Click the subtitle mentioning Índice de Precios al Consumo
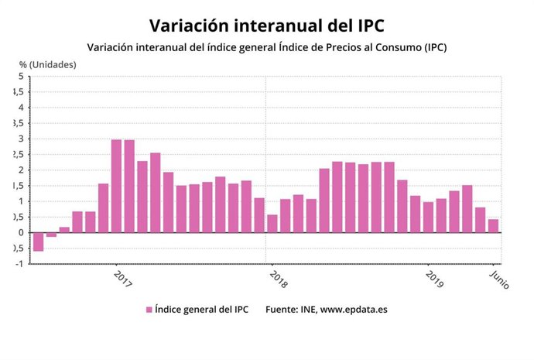click(267, 47)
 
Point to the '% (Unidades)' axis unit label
click(48, 64)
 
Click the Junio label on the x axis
click(499, 278)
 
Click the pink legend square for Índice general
click(149, 310)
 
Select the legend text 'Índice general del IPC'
click(201, 310)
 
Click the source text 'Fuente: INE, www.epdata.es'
click(326, 310)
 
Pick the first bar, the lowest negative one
click(38, 242)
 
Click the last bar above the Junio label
click(493, 225)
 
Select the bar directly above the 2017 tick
click(116, 186)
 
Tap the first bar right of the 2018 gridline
click(272, 223)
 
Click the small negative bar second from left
click(51, 235)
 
